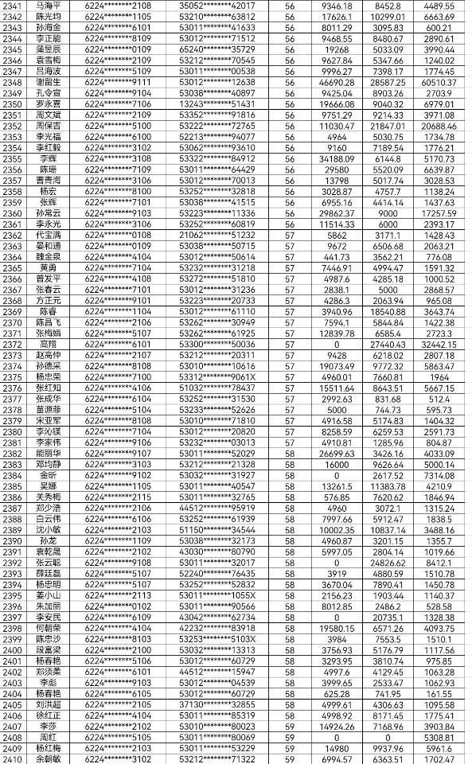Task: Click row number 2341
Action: point(12,6)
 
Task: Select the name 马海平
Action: point(49,6)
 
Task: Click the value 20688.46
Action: point(439,125)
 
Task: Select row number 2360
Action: point(12,212)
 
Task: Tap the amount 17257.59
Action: point(439,212)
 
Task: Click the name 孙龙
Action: point(49,540)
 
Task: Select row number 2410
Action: point(12,758)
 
